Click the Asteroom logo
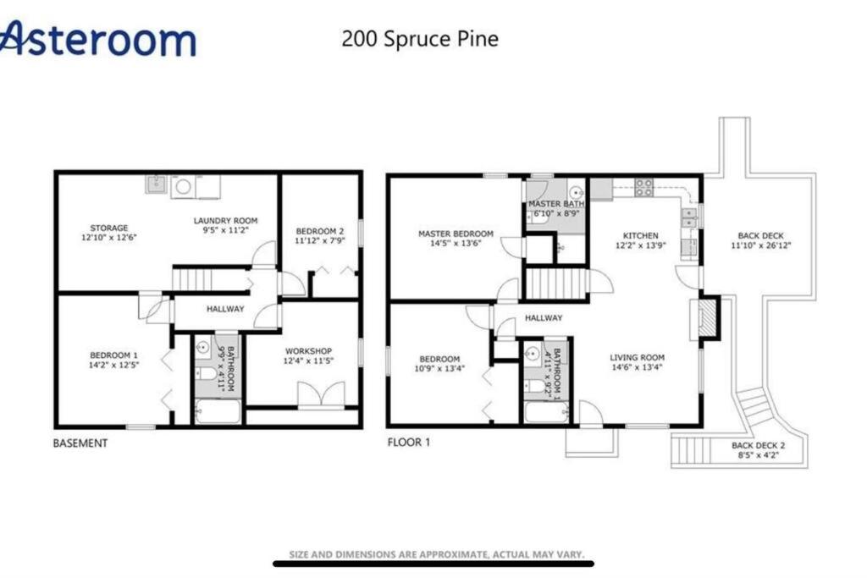click(x=97, y=38)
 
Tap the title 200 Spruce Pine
click(x=420, y=39)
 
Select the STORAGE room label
click(x=109, y=228)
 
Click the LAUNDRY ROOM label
click(x=225, y=221)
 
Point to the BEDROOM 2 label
click(x=319, y=231)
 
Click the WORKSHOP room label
click(x=308, y=351)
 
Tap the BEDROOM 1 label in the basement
click(x=114, y=355)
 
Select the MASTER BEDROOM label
click(x=456, y=234)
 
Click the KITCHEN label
click(x=641, y=235)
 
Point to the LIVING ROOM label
click(x=637, y=357)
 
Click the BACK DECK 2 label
click(x=758, y=445)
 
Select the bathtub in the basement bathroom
click(x=218, y=412)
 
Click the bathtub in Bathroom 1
click(x=546, y=412)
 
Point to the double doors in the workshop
click(x=321, y=394)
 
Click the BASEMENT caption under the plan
click(x=80, y=443)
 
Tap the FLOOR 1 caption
click(x=409, y=442)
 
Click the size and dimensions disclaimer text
click(x=436, y=554)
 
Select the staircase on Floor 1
click(x=555, y=284)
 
